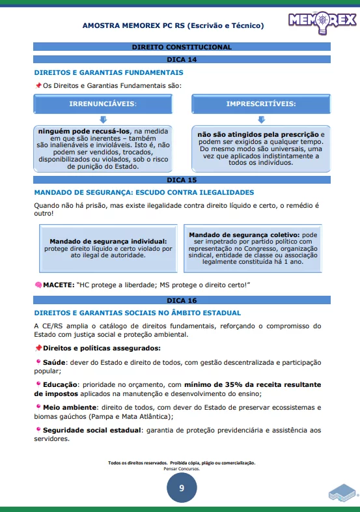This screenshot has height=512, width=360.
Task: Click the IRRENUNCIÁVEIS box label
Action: click(x=103, y=104)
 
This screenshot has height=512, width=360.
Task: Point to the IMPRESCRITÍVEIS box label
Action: click(x=260, y=104)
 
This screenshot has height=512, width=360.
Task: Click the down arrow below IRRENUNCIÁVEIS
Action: click(x=103, y=119)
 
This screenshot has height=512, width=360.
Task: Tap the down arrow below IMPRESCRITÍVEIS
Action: click(x=261, y=119)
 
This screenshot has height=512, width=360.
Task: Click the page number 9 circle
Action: click(x=182, y=488)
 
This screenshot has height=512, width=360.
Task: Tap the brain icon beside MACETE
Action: click(x=38, y=285)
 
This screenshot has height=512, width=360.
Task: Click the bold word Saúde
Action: click(x=51, y=362)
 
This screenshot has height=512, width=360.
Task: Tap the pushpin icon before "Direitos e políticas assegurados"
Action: click(x=38, y=348)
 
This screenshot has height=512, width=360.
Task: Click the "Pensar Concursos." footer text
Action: click(x=182, y=468)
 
